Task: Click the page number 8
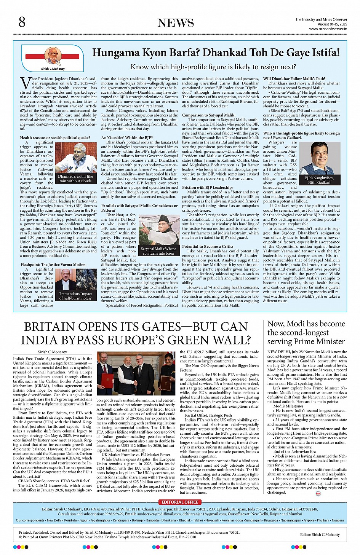pos(22,22)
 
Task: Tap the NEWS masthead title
pos(176,23)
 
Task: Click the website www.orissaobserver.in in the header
pos(328,29)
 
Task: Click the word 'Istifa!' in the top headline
pos(321,53)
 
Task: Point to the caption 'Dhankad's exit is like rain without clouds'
pos(75,179)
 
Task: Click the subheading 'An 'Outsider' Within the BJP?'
pos(127,138)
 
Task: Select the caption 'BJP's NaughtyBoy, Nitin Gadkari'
pos(319,180)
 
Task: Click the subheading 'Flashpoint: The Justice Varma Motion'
pos(53,265)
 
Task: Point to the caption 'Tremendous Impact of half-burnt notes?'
pos(75,296)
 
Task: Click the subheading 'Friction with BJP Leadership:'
pos(207,188)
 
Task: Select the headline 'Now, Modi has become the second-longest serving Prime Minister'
pos(306,332)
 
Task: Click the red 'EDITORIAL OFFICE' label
pos(180,502)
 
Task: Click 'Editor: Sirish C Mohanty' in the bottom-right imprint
pos(320,534)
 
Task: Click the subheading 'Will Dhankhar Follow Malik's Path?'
pos(294,79)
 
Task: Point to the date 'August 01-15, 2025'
pos(332,24)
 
